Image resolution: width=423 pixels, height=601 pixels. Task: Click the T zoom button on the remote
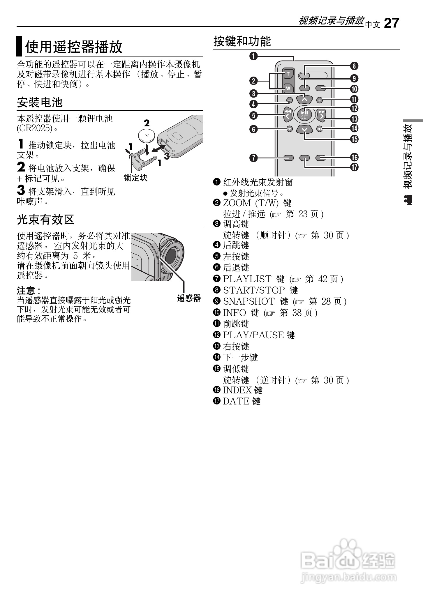pyautogui.click(x=288, y=74)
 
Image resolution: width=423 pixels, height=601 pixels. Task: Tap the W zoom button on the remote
pyautogui.click(x=288, y=88)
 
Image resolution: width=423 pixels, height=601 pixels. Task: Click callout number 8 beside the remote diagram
pyautogui.click(x=354, y=66)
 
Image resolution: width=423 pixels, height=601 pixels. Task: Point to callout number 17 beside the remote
pyautogui.click(x=354, y=167)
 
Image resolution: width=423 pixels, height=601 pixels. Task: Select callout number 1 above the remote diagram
pyautogui.click(x=254, y=56)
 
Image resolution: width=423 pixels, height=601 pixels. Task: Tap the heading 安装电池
pyautogui.click(x=40, y=102)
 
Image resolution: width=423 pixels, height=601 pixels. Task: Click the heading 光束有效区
pyautogui.click(x=45, y=220)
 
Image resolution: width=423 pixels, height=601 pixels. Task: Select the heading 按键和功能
pyautogui.click(x=242, y=41)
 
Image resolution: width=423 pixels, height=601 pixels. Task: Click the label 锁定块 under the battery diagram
pyautogui.click(x=135, y=178)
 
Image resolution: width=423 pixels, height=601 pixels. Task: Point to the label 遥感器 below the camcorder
pyautogui.click(x=189, y=298)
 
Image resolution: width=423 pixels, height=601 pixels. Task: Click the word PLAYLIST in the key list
pyautogui.click(x=247, y=279)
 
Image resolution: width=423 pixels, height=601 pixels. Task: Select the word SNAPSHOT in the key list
pyautogui.click(x=249, y=301)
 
